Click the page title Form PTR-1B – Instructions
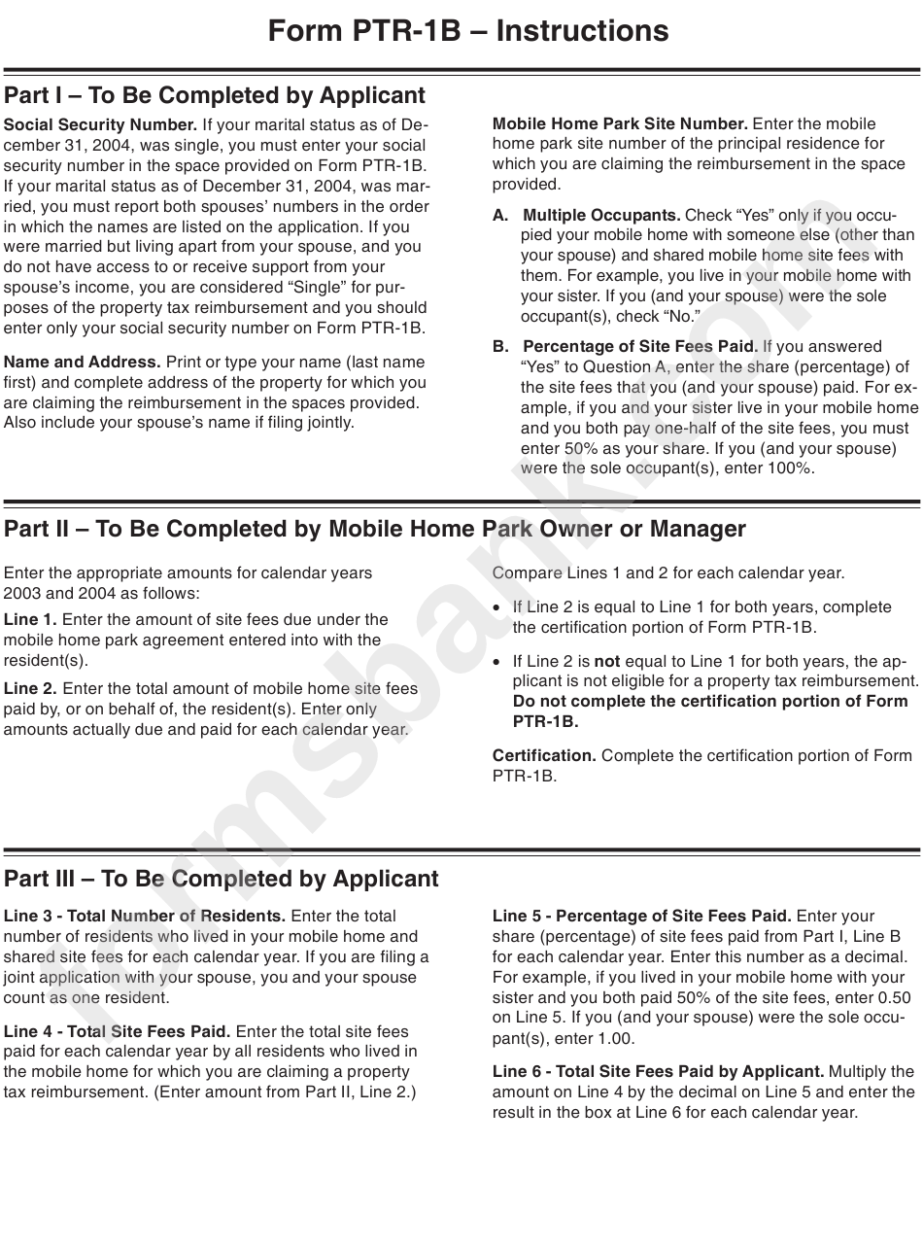468,31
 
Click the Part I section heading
215,95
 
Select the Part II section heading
375,529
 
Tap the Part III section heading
222,879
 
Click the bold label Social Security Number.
100,124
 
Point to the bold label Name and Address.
83,362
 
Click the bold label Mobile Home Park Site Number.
620,123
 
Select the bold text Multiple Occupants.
601,215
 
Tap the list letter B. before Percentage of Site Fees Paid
500,346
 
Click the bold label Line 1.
30,619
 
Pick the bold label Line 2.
30,688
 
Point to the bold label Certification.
544,755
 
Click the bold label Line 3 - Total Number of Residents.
145,916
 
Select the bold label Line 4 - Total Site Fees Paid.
117,1031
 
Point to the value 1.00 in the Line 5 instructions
612,1038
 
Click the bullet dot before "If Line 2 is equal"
498,607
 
